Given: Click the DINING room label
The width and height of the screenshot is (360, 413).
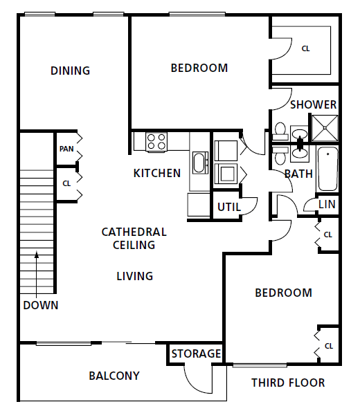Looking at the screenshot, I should point(71,71).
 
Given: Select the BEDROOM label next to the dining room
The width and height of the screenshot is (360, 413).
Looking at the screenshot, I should point(199,68).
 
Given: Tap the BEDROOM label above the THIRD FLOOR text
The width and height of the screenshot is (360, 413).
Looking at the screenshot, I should point(283,293).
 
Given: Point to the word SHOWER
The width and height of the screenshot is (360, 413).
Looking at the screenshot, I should point(313,105).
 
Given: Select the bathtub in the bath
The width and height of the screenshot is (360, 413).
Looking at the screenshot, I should point(327,169).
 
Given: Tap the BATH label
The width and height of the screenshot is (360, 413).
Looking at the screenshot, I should point(298,174).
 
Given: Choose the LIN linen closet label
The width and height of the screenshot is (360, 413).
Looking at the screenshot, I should point(327,204).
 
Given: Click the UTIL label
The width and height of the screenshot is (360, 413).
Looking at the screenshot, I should point(228,206).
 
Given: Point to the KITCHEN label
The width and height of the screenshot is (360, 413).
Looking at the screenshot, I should point(157,173).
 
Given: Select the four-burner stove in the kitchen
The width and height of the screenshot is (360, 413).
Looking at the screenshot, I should point(156,142).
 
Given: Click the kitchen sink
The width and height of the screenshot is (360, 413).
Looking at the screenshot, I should point(199,164).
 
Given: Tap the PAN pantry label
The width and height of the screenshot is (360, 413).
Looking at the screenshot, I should point(66,149).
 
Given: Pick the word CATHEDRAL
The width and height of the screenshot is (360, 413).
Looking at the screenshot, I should point(134,232).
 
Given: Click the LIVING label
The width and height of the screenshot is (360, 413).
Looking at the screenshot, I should point(134,276).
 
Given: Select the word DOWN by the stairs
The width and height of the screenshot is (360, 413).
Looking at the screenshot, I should point(40,305).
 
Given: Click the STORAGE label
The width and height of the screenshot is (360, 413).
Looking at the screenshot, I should point(196,354).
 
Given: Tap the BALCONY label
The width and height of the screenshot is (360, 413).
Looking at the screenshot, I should point(114,376).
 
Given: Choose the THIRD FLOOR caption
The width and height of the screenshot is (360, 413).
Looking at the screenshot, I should point(287,383).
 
